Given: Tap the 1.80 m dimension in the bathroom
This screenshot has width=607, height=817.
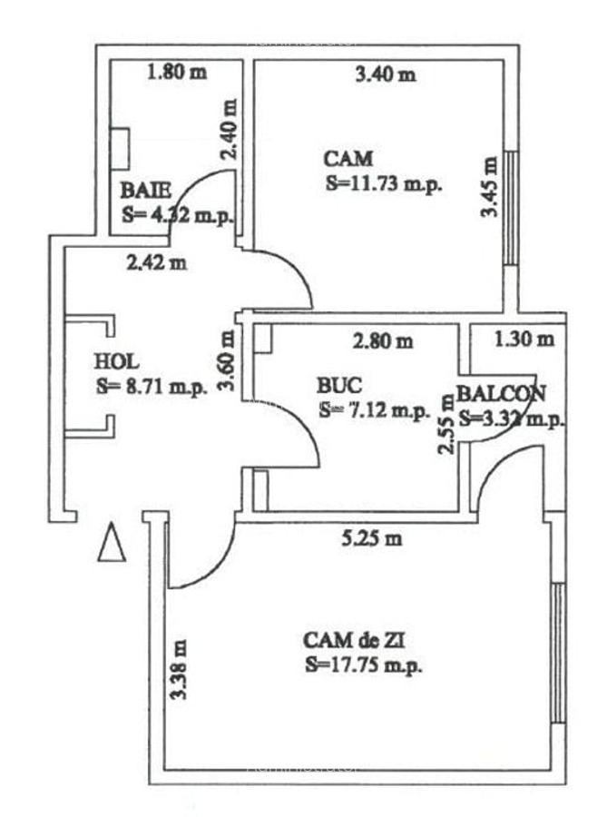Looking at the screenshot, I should pyautogui.click(x=176, y=74).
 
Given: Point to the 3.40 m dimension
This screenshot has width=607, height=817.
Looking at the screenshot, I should pyautogui.click(x=386, y=74).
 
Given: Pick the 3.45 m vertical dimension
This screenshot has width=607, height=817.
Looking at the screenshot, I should pyautogui.click(x=489, y=187).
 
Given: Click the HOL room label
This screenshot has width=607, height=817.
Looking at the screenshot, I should pyautogui.click(x=115, y=361).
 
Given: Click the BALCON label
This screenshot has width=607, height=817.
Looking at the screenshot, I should pyautogui.click(x=501, y=393).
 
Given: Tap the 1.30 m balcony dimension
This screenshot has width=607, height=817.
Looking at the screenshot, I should pyautogui.click(x=524, y=340).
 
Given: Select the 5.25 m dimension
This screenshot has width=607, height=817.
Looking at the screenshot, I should pyautogui.click(x=371, y=538).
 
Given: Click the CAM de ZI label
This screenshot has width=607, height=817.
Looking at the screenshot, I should pyautogui.click(x=354, y=641).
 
